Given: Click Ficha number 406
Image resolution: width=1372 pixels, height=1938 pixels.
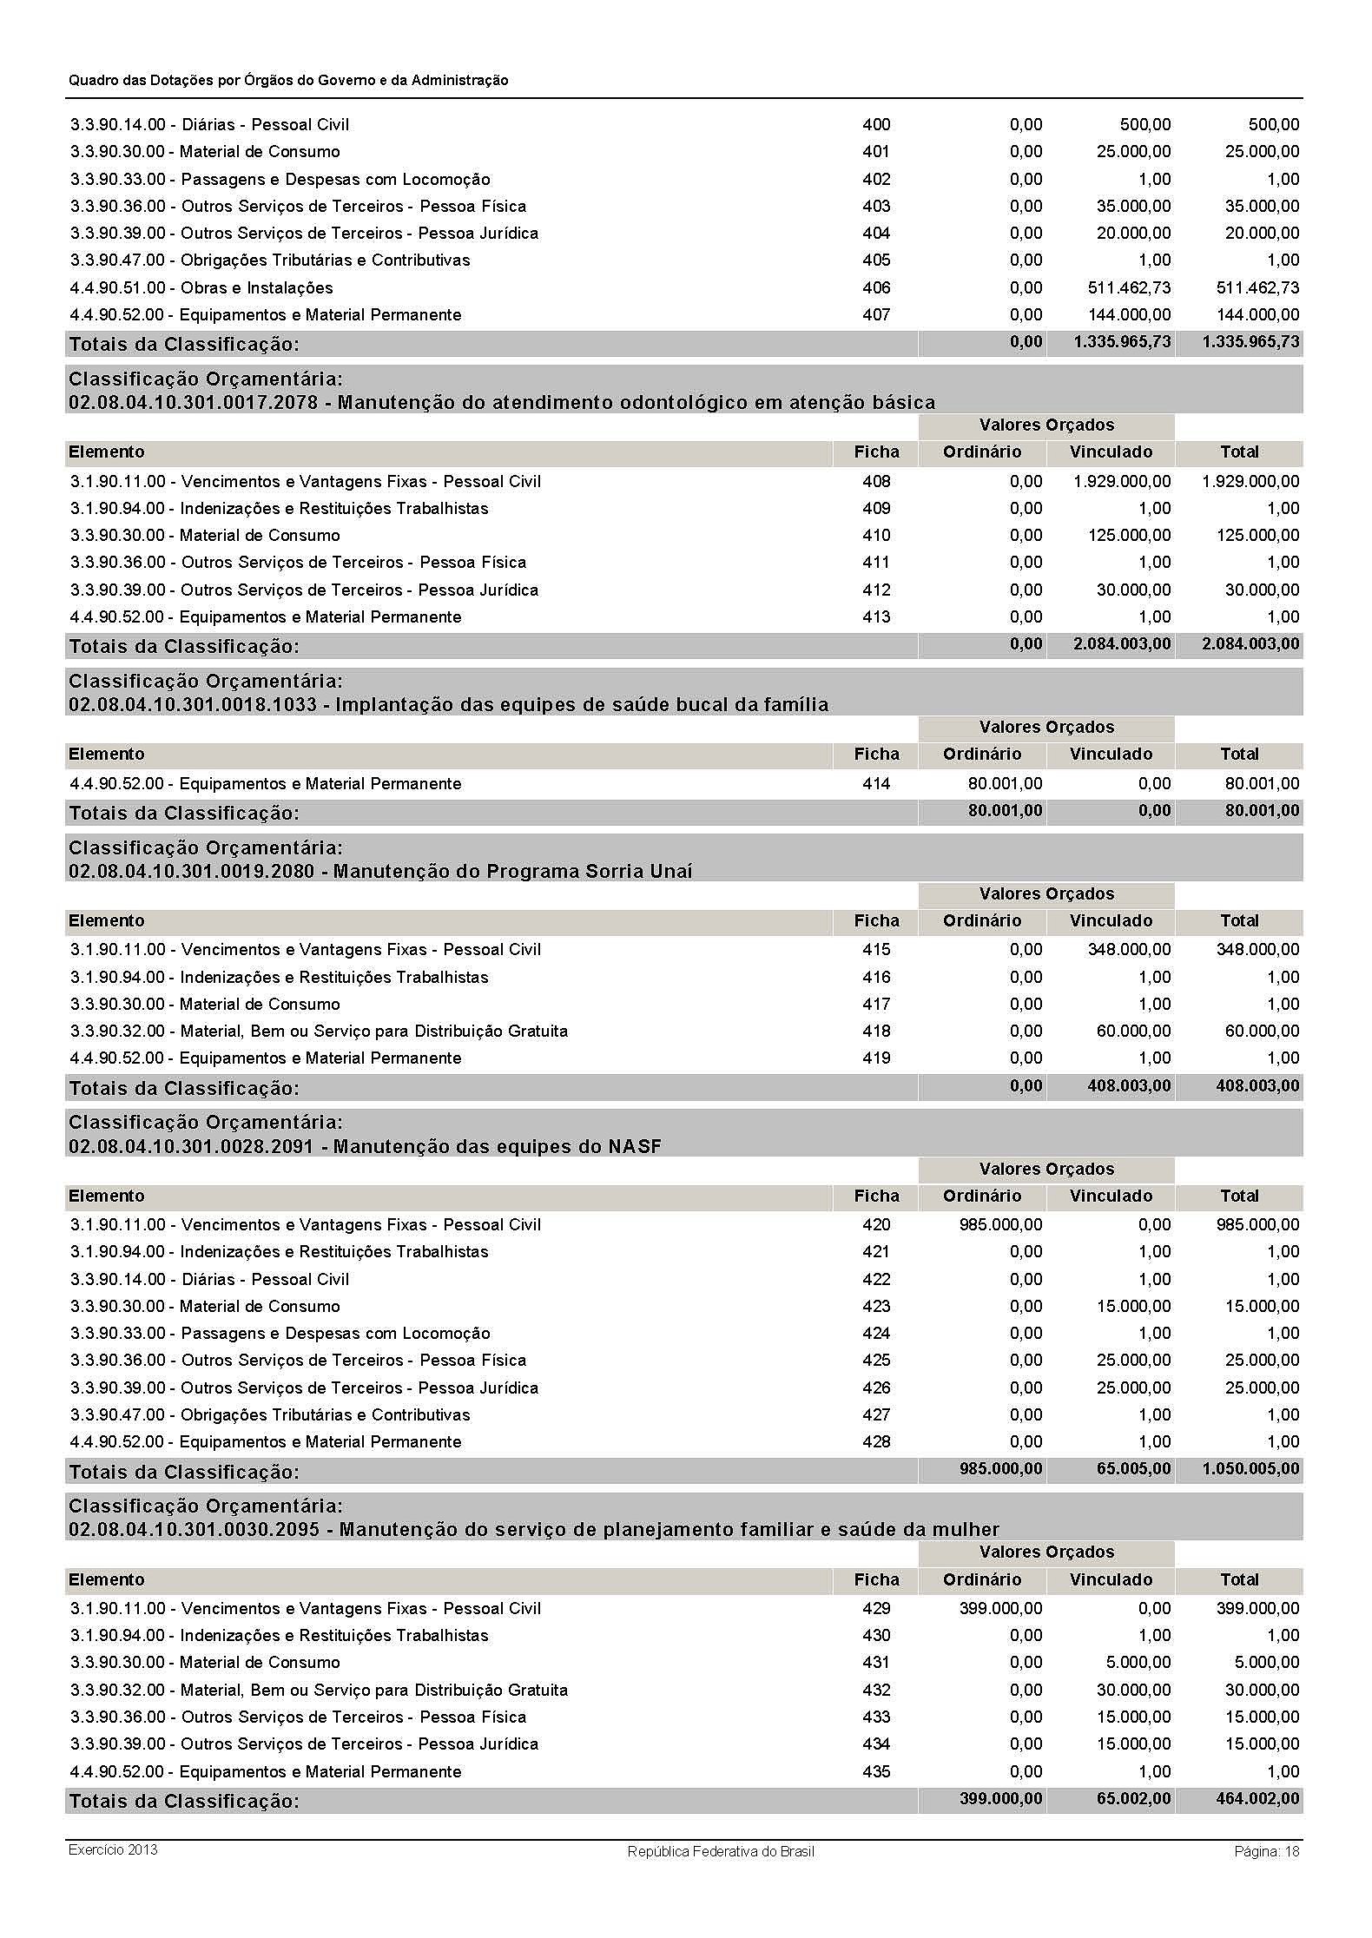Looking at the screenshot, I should [876, 287].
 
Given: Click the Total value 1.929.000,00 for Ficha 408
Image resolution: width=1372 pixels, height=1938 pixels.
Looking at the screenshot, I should [1250, 481].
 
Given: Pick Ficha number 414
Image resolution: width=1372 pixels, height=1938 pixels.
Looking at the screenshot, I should [876, 783].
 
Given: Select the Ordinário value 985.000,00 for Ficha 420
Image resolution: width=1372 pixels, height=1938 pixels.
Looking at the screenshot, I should [1000, 1224].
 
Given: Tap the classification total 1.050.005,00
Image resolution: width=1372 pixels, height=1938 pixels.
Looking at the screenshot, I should [1250, 1469].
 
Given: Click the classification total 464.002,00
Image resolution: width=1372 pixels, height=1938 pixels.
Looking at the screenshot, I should [1257, 1798].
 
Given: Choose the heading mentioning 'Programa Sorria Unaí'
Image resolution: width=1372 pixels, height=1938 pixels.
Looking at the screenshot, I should [380, 871].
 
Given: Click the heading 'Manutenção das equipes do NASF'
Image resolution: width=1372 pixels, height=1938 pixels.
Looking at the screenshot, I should [365, 1146].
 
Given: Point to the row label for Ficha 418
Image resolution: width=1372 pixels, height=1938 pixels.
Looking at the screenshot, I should [319, 1031].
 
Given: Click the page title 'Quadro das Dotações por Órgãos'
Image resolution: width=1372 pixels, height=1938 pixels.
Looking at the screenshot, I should [288, 80].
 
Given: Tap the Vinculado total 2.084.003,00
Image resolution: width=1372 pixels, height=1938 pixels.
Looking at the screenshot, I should [1122, 644].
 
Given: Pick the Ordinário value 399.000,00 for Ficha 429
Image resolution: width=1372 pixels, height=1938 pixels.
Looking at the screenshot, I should [1000, 1608].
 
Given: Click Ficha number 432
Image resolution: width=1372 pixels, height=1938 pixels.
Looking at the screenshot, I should [876, 1690].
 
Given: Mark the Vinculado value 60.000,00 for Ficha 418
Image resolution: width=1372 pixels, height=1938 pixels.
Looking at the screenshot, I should [1133, 1031].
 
